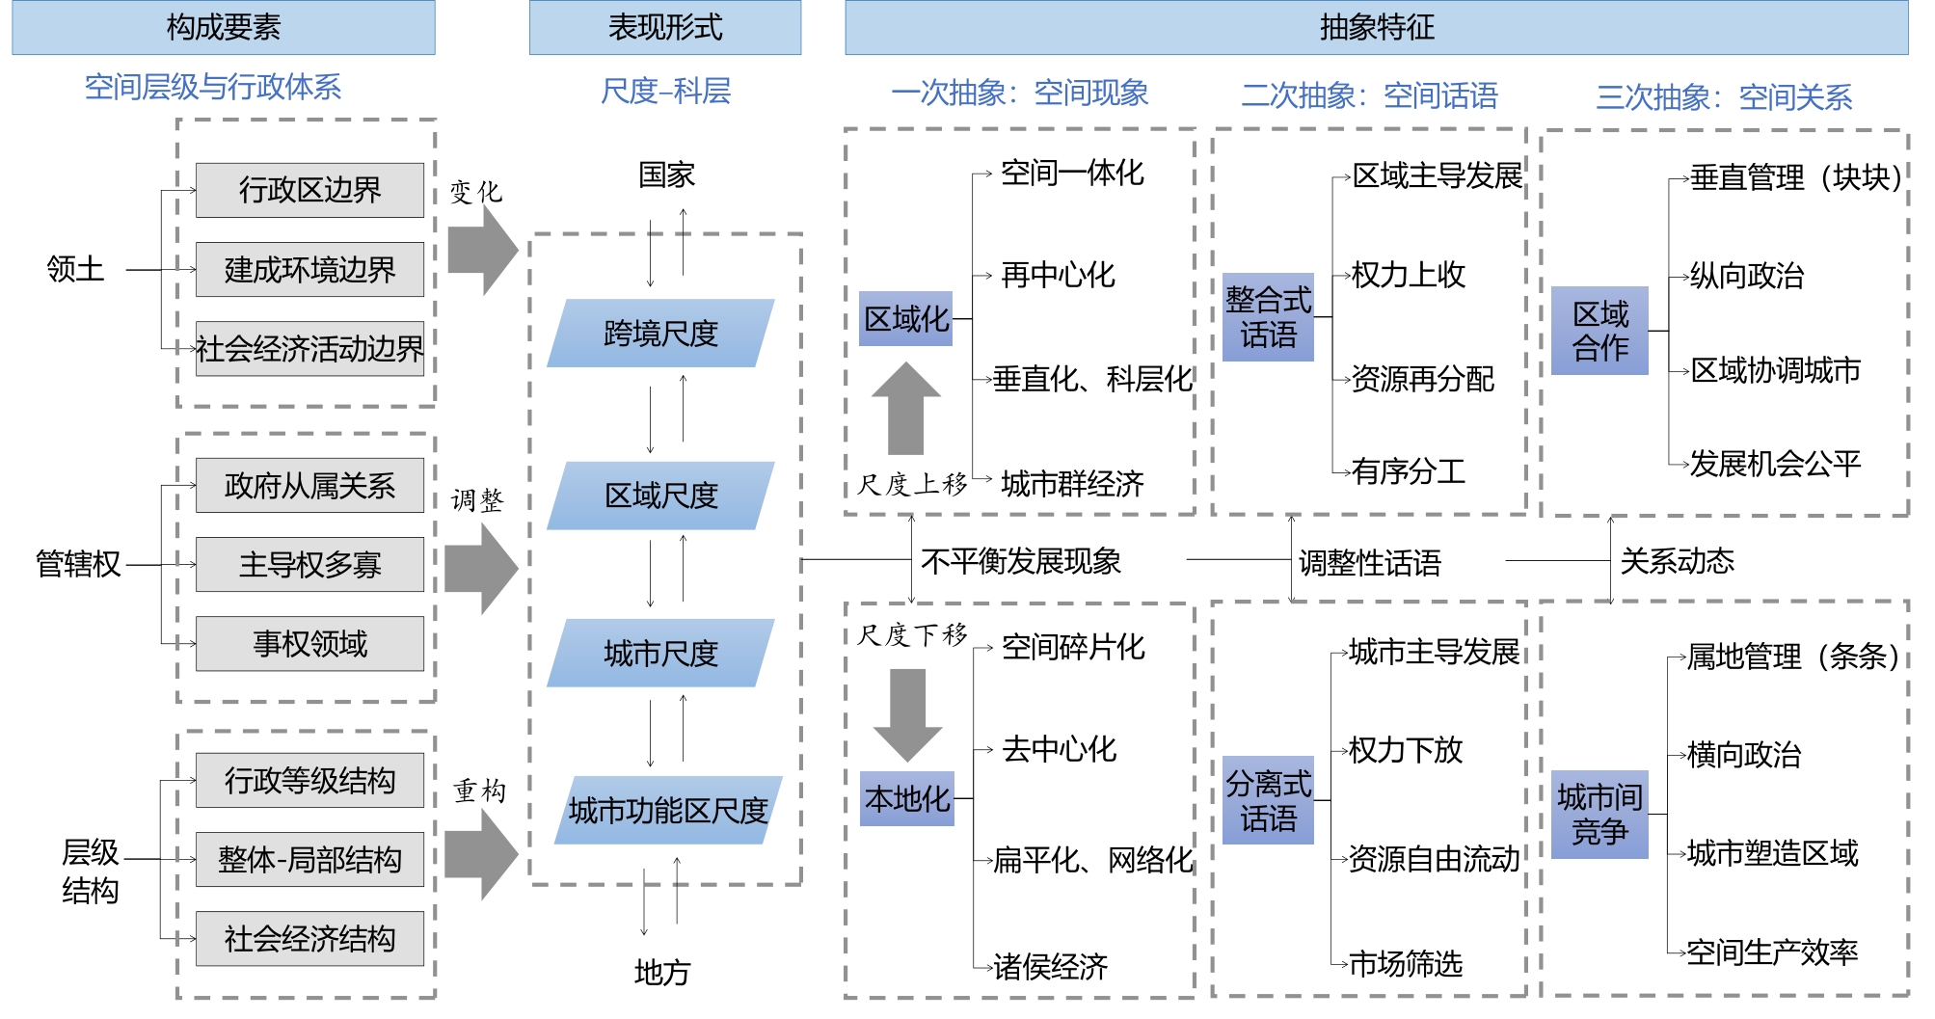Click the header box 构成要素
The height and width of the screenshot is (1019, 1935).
coord(223,27)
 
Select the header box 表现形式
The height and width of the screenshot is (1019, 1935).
coord(664,27)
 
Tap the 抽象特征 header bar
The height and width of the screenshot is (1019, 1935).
coord(1376,27)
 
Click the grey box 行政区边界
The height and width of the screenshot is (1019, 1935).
coord(309,190)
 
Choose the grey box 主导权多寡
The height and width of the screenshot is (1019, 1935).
coord(309,564)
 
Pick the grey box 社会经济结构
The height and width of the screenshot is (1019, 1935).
coord(309,938)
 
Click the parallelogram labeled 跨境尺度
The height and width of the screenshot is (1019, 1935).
coord(660,334)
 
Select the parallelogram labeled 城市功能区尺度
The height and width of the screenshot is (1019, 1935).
coord(667,811)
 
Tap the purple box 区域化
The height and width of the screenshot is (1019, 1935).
coord(906,318)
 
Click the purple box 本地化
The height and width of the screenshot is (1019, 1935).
coord(907,798)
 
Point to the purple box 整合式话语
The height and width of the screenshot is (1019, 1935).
coord(1268,317)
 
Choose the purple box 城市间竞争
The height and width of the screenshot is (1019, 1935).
coord(1599,815)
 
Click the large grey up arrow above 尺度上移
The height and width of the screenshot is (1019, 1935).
coord(905,409)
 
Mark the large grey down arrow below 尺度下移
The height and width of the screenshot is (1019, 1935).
coord(907,713)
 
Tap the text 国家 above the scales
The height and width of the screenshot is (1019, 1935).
coord(666,174)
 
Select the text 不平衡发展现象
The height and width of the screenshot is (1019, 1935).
coord(1021,561)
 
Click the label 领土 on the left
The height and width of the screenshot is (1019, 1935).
coord(75,269)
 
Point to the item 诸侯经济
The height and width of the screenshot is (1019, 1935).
coord(1051,966)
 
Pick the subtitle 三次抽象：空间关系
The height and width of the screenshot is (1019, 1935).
coord(1724,96)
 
